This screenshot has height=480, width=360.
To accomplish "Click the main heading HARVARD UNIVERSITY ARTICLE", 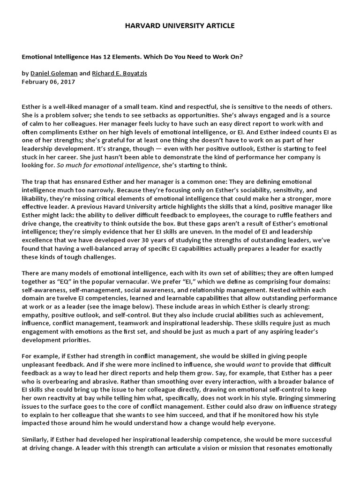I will tap(180, 26).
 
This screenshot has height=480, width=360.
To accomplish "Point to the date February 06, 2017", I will tap(48, 82).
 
